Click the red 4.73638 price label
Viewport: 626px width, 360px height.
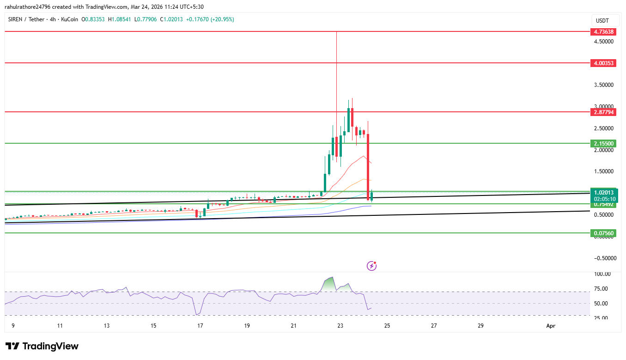[x=603, y=32]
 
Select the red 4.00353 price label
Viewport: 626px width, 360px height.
[x=603, y=63]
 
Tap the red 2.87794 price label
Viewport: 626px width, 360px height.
[x=603, y=112]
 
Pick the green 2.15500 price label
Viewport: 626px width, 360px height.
[x=603, y=144]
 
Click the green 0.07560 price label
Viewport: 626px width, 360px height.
[x=603, y=233]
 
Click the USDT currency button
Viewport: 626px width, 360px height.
[x=602, y=21]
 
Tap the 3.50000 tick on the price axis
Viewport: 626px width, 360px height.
[x=604, y=85]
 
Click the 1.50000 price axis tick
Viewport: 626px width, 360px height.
[x=604, y=171]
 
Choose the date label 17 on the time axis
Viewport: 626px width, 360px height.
[x=200, y=326]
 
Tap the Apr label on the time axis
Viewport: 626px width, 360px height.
[x=550, y=326]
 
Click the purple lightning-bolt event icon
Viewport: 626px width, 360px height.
[x=371, y=266]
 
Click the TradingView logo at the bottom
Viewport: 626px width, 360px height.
[x=42, y=346]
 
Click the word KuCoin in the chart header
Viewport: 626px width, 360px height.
[x=69, y=19]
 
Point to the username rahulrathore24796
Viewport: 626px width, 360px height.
[x=29, y=7]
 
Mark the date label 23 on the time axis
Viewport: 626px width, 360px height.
[x=340, y=326]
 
